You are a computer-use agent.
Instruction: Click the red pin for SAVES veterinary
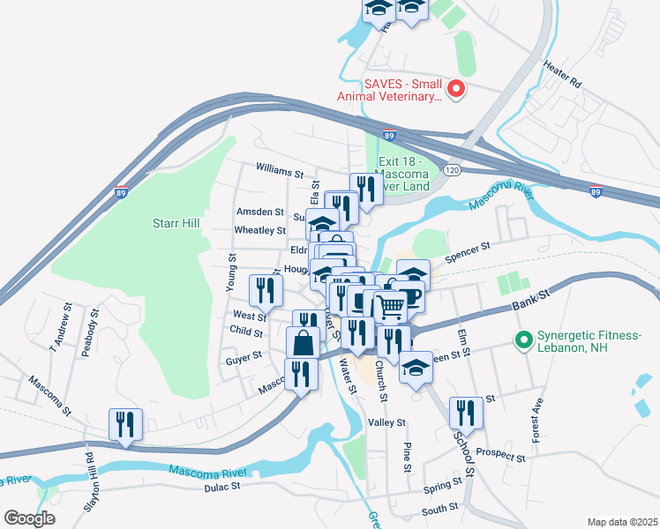456,88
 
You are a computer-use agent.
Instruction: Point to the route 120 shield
453,168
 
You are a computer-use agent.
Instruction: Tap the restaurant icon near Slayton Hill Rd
124,424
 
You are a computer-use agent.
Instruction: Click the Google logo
30,518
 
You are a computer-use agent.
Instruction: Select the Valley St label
386,423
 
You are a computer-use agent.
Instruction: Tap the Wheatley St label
259,230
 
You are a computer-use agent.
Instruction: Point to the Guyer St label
244,355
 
